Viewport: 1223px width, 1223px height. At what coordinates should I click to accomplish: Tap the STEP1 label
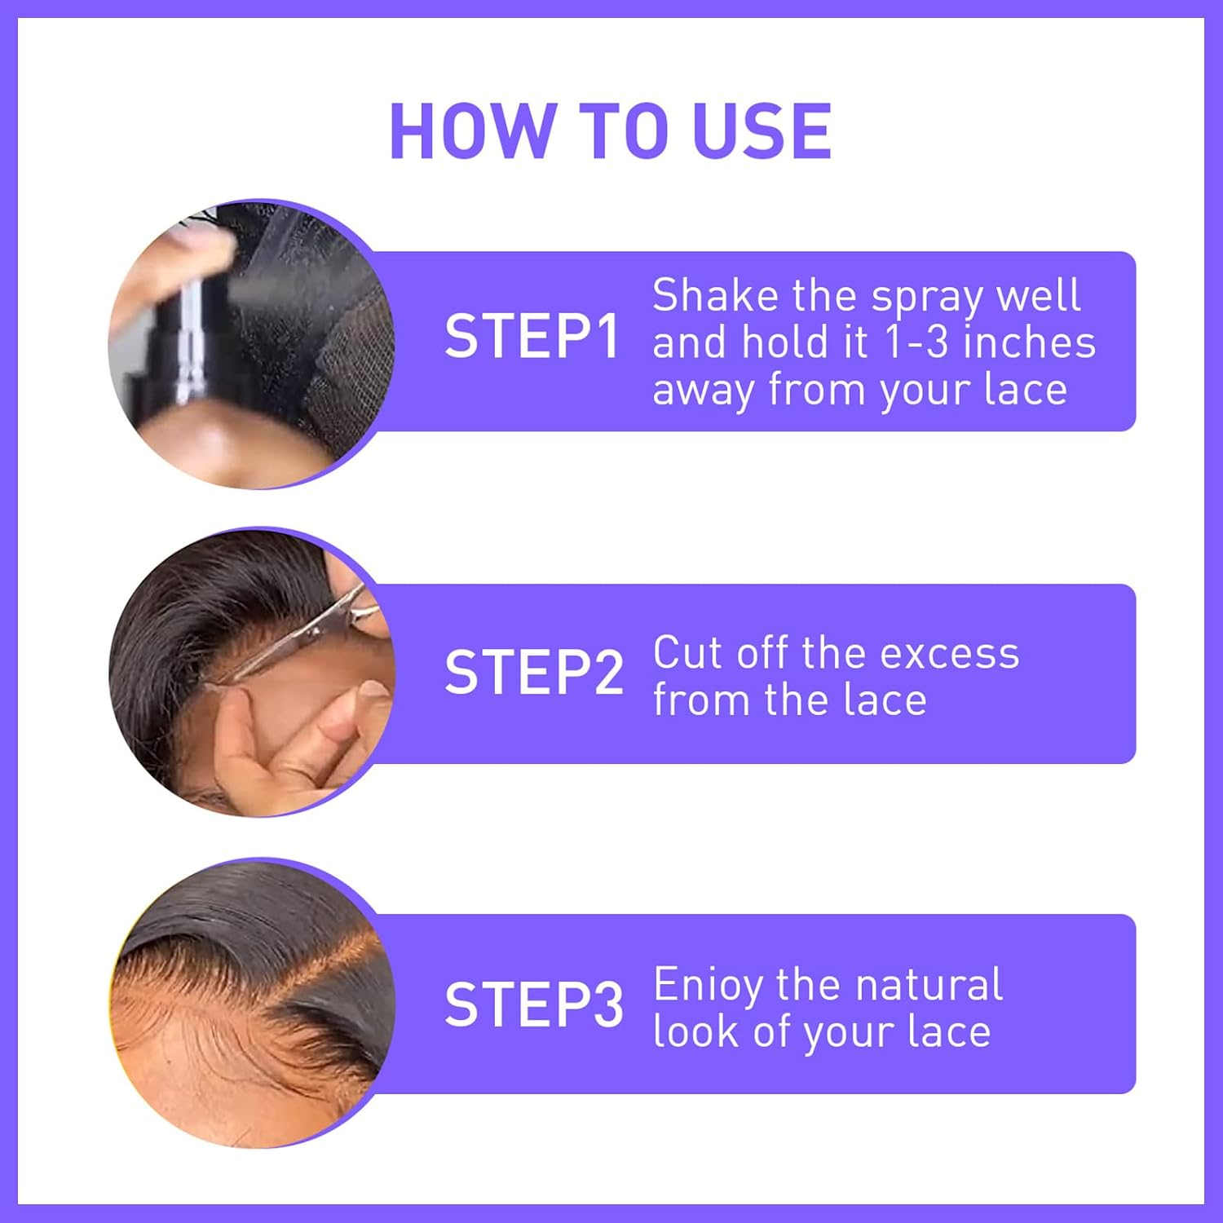pos(532,337)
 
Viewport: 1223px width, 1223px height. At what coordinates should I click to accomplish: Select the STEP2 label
pos(534,673)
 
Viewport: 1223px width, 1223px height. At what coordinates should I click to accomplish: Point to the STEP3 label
pos(534,1004)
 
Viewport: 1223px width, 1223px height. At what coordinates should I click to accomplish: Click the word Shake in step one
pos(715,295)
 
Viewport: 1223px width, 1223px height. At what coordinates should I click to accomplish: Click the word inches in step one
pos(1029,342)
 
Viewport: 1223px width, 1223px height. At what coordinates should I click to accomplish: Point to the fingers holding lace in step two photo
pos(277,734)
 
